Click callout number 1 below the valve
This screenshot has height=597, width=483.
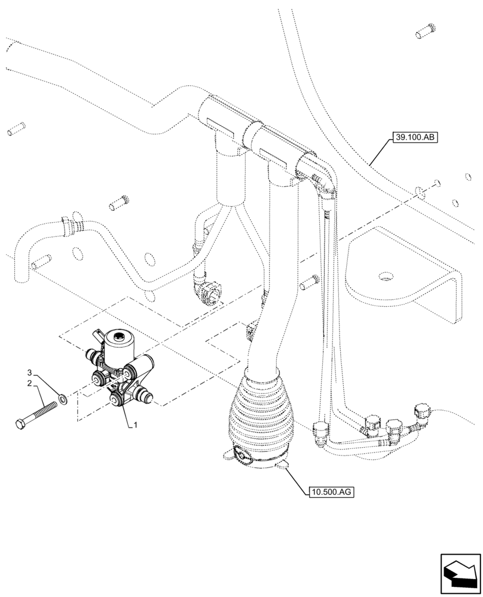click(136, 424)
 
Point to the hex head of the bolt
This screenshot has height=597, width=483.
click(20, 424)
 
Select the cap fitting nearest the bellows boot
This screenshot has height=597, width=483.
click(320, 427)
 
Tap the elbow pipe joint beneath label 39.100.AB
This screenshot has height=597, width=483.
click(323, 179)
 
